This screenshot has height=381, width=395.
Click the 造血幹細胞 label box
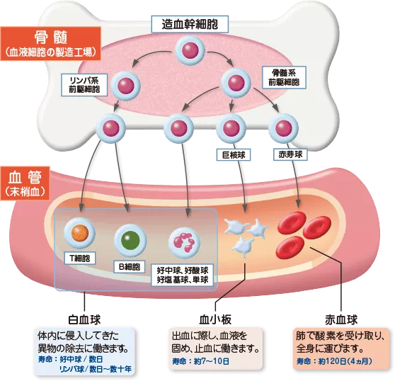190,23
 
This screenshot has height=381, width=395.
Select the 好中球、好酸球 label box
183,275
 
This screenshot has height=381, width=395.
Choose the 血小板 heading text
214,318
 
